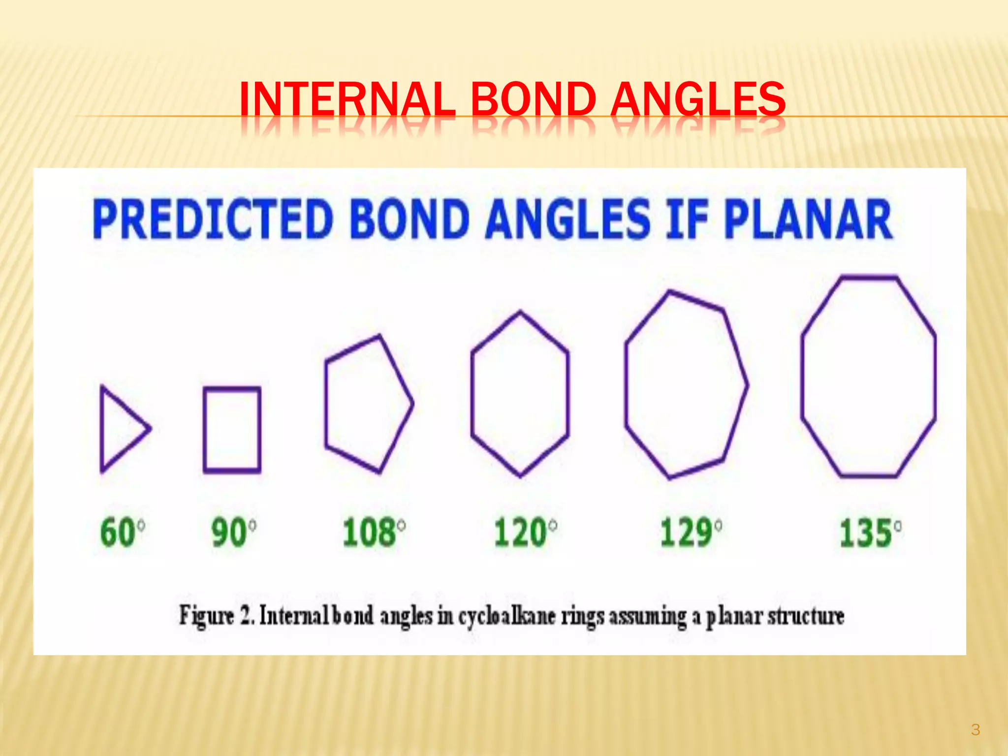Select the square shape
[x=232, y=430]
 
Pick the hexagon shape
[x=520, y=394]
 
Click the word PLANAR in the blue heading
[x=807, y=219]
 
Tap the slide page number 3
[x=976, y=729]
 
